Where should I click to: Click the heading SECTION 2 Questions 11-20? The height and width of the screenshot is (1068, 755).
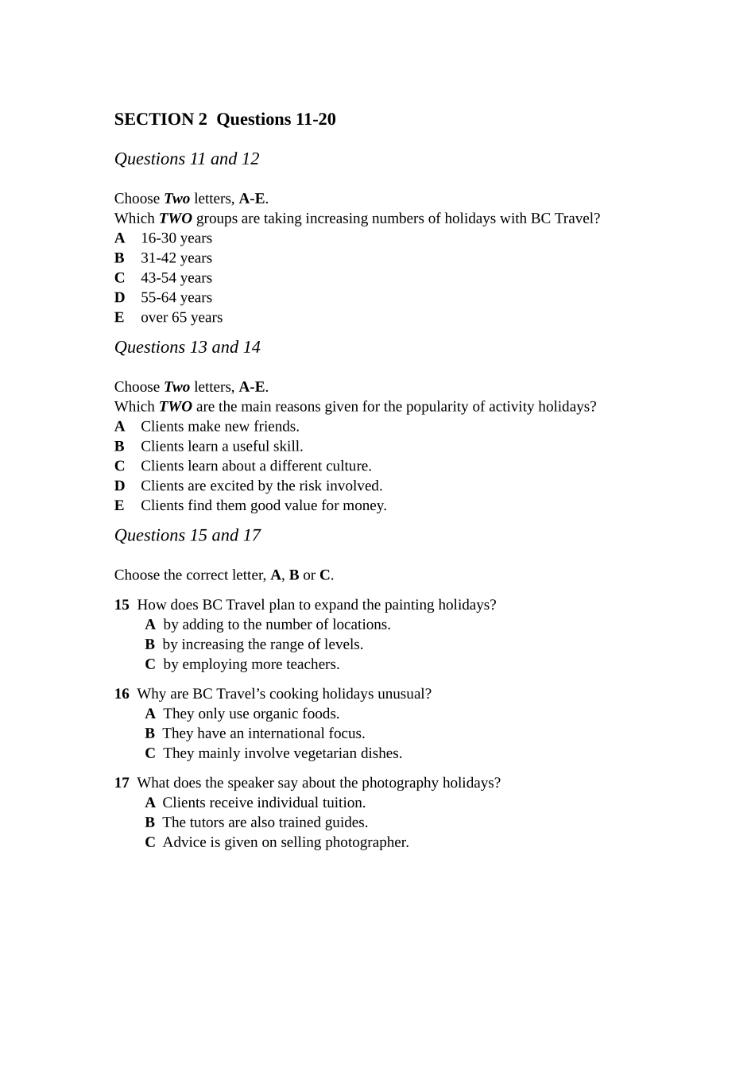pos(225,119)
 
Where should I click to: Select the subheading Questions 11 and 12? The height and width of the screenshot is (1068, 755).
pos(187,159)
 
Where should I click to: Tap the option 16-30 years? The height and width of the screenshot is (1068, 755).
pos(176,238)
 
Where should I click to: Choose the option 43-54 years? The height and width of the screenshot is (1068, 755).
pos(176,278)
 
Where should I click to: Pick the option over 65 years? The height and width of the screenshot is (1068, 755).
pos(181,318)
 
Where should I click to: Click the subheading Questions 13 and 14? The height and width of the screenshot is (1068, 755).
pos(188,347)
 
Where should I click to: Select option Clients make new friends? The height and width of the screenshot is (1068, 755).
pos(219,427)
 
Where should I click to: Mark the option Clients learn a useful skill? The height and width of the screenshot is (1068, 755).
pos(222,447)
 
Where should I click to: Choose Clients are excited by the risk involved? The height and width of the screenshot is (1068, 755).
pos(261,486)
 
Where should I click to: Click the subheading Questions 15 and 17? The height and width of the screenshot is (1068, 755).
pos(188,536)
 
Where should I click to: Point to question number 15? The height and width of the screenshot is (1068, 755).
pos(122,606)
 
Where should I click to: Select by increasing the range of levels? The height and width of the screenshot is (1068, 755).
pos(262,645)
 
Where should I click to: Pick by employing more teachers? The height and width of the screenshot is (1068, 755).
pos(250,665)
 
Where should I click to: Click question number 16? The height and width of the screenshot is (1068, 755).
pos(122,695)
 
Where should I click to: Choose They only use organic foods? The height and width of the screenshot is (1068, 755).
pos(250,714)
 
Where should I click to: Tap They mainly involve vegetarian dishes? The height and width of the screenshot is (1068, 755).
pos(282,754)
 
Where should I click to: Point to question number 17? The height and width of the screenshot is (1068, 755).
pos(122,784)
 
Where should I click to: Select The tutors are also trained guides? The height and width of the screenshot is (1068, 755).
pos(265,823)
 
